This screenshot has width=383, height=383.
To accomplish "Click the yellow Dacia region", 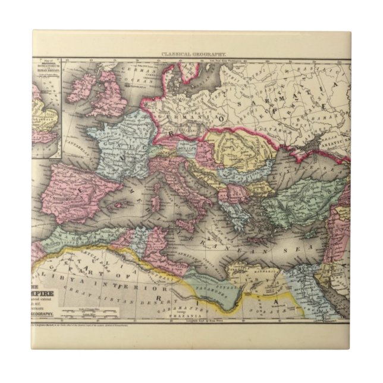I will [x=238, y=149].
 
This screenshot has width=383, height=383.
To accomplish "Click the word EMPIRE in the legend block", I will [x=45, y=277].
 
